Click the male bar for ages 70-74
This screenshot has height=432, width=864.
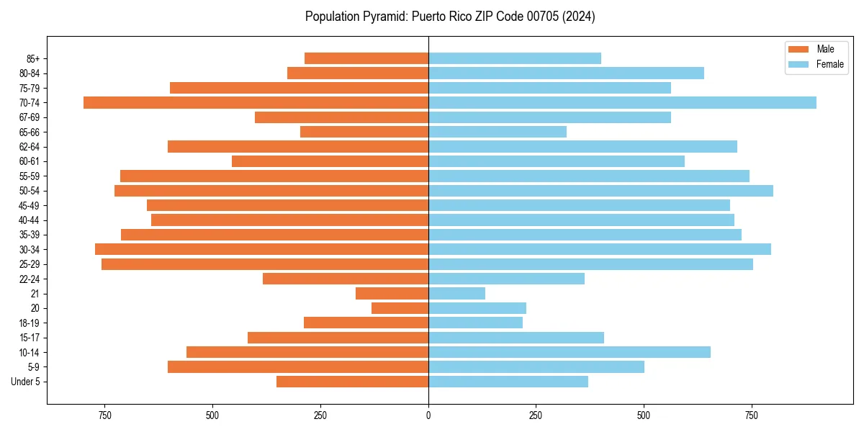click(x=256, y=102)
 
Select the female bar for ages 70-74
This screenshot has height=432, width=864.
click(x=622, y=102)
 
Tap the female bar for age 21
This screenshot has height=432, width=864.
click(x=456, y=293)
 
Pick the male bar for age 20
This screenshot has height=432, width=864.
click(x=400, y=308)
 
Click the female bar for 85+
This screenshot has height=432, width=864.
click(x=515, y=58)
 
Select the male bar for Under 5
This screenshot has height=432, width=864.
click(x=352, y=382)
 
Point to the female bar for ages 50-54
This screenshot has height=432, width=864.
click(x=600, y=191)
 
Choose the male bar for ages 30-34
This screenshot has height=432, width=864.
click(x=261, y=249)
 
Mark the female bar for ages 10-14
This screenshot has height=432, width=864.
click(x=570, y=352)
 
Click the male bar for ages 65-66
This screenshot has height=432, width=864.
click(x=364, y=132)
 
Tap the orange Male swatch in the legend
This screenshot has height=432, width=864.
click(x=798, y=49)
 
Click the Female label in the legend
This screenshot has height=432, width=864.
click(x=829, y=64)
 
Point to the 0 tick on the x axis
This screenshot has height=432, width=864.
click(x=428, y=415)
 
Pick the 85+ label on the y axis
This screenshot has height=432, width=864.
click(x=33, y=58)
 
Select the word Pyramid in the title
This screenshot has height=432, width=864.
click(x=384, y=17)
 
